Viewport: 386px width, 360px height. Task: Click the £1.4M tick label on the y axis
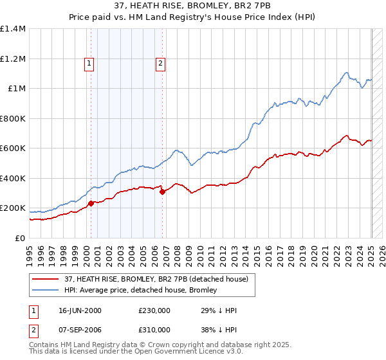tap(13, 29)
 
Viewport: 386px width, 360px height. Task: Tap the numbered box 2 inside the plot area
tap(160, 63)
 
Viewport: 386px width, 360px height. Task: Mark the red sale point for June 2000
tap(91, 204)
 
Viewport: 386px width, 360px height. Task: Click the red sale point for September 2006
tap(162, 192)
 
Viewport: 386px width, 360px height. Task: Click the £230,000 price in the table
tap(154, 310)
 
